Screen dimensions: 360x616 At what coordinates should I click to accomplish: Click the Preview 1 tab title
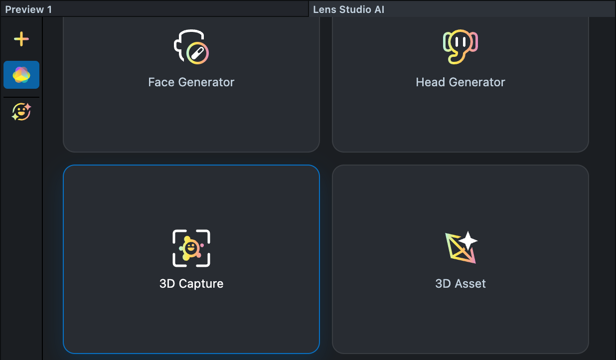coord(28,9)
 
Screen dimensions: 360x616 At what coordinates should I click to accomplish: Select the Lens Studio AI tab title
coord(348,9)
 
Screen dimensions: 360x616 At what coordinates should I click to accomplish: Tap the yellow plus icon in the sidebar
coord(21,39)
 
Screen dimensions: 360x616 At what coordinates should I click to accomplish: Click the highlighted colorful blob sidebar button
coord(21,75)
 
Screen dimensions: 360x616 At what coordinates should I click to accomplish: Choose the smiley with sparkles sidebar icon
coord(21,112)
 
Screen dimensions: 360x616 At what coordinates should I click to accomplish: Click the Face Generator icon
coord(191,47)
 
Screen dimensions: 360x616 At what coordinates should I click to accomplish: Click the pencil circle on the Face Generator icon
coord(197,53)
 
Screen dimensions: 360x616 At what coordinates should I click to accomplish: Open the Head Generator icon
coord(460,47)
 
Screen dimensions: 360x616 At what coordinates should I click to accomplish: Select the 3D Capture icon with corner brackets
coord(191,248)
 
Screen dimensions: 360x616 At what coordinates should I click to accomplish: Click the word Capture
coord(201,284)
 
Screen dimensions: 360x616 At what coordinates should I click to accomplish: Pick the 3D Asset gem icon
coord(460,248)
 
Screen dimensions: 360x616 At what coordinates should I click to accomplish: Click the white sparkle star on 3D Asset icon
coord(468,241)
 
